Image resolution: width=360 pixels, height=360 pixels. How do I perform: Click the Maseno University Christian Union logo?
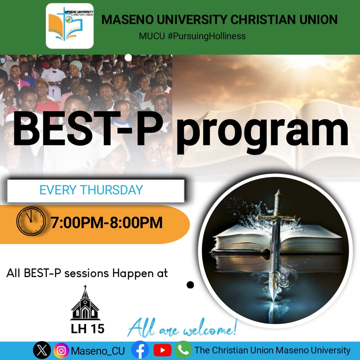70,26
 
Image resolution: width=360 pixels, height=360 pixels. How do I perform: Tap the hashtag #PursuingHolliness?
206,36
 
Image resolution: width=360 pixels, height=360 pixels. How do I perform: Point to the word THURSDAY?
112,190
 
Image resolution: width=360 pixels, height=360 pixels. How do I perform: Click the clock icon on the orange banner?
31,221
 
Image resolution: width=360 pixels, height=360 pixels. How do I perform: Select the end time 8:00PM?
136,222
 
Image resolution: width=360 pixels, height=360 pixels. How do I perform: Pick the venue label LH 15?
87,329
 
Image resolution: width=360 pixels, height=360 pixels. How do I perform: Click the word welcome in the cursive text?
208,331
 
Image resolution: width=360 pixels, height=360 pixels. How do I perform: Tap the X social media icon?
42,350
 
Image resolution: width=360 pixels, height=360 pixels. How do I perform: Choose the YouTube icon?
163,350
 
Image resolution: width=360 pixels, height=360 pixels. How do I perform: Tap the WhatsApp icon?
183,350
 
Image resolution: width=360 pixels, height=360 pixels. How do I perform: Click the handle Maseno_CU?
98,351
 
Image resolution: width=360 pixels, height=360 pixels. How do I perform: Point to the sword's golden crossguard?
277,218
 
